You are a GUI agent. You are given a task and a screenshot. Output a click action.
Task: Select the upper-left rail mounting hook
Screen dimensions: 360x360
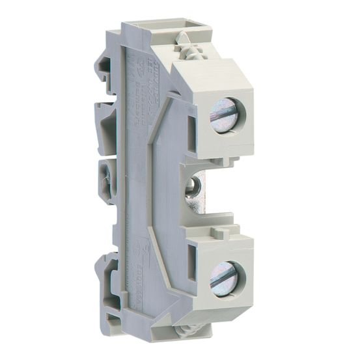(105, 65)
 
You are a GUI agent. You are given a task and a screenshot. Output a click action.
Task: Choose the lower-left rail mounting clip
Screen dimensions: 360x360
(106, 273)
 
